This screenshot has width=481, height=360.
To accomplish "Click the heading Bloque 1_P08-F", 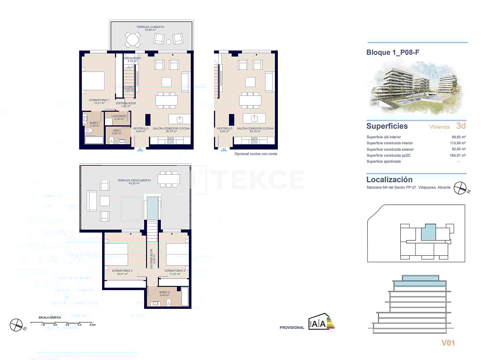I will click(392, 52).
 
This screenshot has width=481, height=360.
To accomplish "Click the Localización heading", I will click(389, 180).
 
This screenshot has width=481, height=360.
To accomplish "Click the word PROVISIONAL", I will click(292, 328).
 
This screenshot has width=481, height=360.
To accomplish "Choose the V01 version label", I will click(448, 342).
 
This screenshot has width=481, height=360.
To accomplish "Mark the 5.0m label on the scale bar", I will click(92, 325).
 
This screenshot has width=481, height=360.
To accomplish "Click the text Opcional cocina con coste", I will click(255, 154).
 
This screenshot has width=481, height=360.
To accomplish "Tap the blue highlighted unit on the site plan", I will click(428, 232).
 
